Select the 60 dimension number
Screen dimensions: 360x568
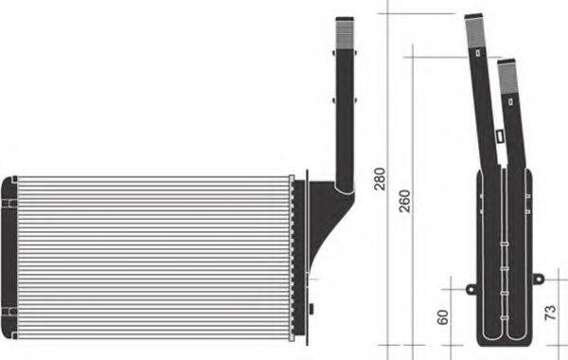(442, 316)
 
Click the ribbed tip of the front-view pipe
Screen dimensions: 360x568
(346, 32)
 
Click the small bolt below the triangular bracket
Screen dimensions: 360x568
(312, 308)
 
